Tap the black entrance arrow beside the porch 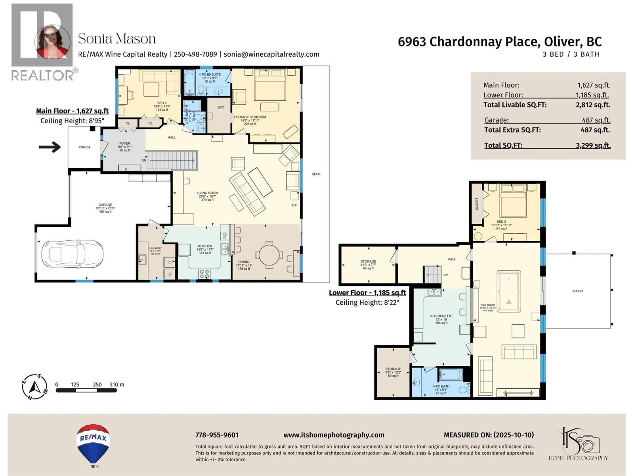[x=50, y=147]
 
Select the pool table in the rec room [x=509, y=293]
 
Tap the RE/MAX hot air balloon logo [x=93, y=444]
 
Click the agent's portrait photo [x=52, y=41]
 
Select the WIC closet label [x=221, y=107]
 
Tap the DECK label [x=316, y=174]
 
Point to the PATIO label [x=578, y=291]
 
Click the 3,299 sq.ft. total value [x=593, y=146]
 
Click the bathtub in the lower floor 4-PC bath [x=451, y=374]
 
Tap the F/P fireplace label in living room [x=294, y=205]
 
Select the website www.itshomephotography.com [x=334, y=435]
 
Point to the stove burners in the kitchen [x=204, y=273]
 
